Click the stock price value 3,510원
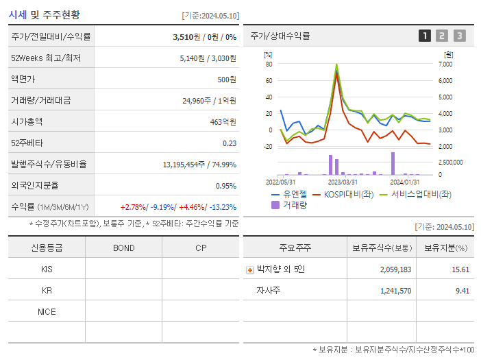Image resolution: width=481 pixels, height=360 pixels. (186, 36)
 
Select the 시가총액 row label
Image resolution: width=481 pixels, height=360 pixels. (27, 121)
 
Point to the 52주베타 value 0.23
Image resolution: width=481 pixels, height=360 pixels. (229, 143)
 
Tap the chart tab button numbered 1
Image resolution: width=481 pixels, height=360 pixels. (425, 36)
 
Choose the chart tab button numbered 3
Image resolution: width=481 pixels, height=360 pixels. (459, 36)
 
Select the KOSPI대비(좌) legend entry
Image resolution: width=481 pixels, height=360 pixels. (343, 194)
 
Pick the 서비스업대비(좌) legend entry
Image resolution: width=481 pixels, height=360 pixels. (415, 194)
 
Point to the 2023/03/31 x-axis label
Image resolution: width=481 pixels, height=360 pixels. (343, 182)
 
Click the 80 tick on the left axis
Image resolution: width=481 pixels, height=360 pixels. (269, 64)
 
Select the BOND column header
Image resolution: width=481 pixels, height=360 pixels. (123, 248)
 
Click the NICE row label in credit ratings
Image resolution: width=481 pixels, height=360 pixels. (47, 312)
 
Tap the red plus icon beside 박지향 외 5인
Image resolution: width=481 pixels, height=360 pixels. (249, 269)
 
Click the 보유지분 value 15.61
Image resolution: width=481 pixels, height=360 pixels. (460, 269)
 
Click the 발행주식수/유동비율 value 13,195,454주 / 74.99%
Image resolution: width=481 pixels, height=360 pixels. (199, 165)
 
